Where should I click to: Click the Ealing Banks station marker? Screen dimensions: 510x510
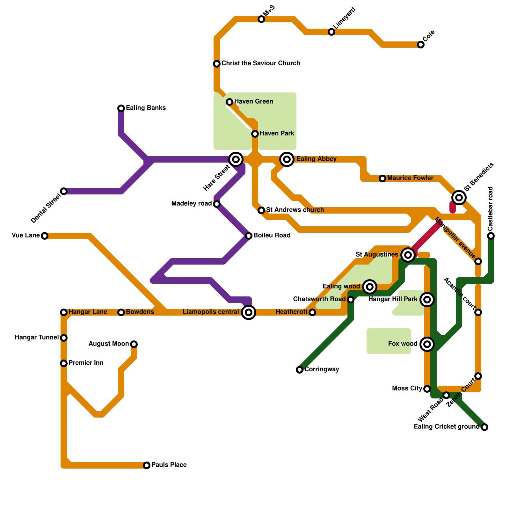point(121,108)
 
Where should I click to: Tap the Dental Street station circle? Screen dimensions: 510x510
point(64,191)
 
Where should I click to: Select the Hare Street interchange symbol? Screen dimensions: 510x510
point(236,159)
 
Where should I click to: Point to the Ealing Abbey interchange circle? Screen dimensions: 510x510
point(287,159)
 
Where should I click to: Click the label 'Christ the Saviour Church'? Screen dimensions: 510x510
point(261,63)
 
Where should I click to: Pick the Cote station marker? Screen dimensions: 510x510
point(421,45)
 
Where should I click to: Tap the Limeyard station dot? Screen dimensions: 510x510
point(331,32)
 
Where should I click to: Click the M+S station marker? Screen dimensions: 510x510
point(261,19)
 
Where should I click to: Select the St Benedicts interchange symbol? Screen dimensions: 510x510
point(459,198)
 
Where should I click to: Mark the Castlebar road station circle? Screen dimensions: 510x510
point(491,236)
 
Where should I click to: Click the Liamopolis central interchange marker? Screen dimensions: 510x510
point(249,312)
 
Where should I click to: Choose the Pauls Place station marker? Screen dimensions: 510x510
point(147,465)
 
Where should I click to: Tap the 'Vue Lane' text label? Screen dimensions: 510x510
point(26,236)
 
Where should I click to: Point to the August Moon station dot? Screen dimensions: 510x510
point(134,344)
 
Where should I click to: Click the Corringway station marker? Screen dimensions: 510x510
point(300,370)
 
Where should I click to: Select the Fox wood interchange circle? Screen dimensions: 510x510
point(427,344)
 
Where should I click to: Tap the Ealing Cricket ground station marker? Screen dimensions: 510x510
point(484,427)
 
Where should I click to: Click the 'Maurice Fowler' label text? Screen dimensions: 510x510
point(410,178)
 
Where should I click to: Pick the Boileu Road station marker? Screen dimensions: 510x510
point(249,236)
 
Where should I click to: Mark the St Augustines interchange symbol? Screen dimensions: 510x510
point(408,255)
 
